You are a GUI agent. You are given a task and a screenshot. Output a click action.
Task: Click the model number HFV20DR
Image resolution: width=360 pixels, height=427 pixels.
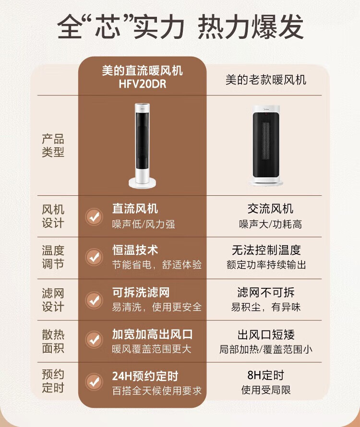(142, 84)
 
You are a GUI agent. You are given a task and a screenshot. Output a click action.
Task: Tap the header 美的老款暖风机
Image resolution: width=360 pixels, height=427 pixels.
(266, 80)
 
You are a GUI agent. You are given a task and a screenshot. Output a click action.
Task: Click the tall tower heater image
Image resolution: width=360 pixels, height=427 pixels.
(143, 145)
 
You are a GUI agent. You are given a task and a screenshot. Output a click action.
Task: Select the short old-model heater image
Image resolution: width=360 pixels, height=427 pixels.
(266, 146)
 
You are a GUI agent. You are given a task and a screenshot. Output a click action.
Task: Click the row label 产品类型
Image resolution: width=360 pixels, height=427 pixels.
(53, 145)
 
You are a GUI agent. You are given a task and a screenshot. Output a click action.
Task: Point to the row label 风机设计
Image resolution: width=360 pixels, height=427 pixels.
(53, 216)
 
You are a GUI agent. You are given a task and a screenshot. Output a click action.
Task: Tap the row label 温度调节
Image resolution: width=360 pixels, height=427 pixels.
(53, 257)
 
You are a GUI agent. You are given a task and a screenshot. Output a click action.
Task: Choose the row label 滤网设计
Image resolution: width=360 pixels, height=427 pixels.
(53, 300)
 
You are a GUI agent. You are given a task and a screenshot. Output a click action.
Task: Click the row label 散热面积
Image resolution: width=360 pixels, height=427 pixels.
(53, 341)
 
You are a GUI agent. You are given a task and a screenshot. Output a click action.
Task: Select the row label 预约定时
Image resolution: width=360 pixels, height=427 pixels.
(53, 381)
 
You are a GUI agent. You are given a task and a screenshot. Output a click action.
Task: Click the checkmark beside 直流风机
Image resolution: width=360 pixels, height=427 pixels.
(94, 217)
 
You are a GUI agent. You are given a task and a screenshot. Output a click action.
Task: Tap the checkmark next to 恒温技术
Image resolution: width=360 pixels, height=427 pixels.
(94, 257)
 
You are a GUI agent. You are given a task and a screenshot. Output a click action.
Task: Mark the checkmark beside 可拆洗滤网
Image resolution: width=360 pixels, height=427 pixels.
(94, 300)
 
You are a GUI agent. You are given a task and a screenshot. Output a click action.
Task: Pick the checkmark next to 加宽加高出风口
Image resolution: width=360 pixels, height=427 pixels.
(94, 340)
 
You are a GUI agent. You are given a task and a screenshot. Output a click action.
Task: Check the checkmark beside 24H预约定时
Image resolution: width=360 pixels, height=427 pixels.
(94, 382)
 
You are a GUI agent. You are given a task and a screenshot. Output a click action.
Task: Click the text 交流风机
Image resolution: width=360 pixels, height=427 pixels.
(270, 209)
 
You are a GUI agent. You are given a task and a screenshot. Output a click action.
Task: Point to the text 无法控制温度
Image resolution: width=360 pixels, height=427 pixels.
(266, 250)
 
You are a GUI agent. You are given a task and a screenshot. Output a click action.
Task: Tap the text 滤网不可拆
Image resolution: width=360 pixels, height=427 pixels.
(266, 293)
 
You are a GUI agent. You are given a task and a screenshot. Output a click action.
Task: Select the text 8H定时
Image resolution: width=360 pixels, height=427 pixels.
(266, 375)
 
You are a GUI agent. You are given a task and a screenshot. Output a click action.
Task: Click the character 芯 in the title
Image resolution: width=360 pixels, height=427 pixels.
(108, 27)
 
